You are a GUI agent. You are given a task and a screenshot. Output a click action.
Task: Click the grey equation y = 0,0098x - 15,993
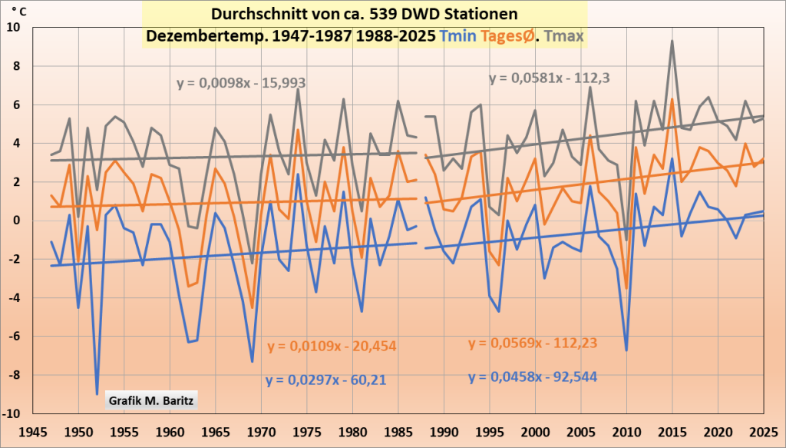241,83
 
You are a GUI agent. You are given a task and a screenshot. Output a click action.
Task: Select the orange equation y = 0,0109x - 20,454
332,346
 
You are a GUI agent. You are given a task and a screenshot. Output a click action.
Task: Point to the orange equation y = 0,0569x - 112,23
533,343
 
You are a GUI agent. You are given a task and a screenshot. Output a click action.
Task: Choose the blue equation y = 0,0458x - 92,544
533,377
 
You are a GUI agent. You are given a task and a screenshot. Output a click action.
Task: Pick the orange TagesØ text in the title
509,35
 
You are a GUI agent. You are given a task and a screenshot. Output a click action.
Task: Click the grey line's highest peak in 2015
672,41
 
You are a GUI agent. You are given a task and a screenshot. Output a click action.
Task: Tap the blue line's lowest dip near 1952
97,393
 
